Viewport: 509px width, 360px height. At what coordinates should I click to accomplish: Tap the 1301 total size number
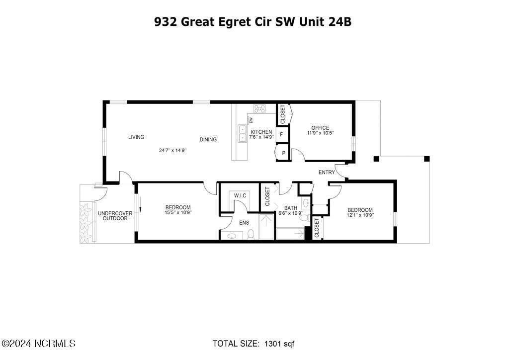pos(273,344)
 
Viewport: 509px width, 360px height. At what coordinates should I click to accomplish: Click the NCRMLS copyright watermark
pos(39,344)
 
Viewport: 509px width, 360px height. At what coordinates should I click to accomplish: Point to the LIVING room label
pos(136,137)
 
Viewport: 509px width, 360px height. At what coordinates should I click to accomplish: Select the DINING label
pos(208,140)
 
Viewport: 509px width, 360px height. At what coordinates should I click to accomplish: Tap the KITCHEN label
pos(261,132)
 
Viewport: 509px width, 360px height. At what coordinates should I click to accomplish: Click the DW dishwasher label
pos(252,120)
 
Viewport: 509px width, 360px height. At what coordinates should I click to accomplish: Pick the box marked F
pos(282,134)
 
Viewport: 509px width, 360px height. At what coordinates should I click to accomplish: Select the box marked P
pos(283,153)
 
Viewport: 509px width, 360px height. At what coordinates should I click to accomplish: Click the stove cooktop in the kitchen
pos(259,108)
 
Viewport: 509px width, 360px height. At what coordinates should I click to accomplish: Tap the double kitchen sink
pos(243,133)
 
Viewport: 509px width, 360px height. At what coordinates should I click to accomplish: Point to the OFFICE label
pos(320,128)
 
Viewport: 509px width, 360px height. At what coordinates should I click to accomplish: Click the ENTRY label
pos(327,173)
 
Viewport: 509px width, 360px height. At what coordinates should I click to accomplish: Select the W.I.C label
pos(240,195)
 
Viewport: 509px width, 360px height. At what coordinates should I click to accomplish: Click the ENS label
pos(244,223)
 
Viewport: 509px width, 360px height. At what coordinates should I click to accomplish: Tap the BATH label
pos(290,208)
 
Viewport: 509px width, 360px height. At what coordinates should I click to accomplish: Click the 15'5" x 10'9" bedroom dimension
pos(178,212)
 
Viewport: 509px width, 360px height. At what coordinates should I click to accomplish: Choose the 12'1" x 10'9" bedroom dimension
pos(360,215)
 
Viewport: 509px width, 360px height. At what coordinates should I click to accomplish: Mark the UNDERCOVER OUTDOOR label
pos(115,216)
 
